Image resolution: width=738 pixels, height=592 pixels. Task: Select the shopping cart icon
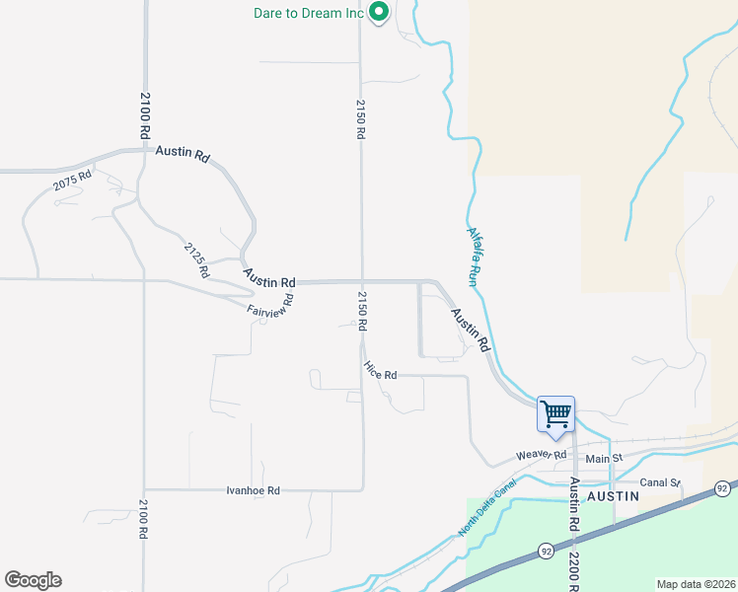click(555, 413)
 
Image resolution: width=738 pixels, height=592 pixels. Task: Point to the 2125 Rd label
click(197, 258)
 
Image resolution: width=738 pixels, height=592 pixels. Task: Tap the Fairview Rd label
click(270, 306)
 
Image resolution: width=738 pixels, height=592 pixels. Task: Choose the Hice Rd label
click(380, 371)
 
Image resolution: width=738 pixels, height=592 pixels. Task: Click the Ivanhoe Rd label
click(253, 490)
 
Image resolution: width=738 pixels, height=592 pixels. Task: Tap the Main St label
click(605, 459)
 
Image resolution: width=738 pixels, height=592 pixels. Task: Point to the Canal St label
click(660, 482)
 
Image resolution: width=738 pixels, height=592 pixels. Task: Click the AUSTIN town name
click(614, 497)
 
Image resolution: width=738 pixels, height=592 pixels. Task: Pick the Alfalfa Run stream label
click(475, 246)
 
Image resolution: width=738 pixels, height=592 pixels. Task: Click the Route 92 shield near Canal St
click(722, 488)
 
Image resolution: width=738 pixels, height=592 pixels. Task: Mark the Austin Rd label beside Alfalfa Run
click(471, 330)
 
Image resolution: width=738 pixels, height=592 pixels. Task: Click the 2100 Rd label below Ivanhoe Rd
click(144, 519)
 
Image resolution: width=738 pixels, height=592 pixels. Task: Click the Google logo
click(33, 580)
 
